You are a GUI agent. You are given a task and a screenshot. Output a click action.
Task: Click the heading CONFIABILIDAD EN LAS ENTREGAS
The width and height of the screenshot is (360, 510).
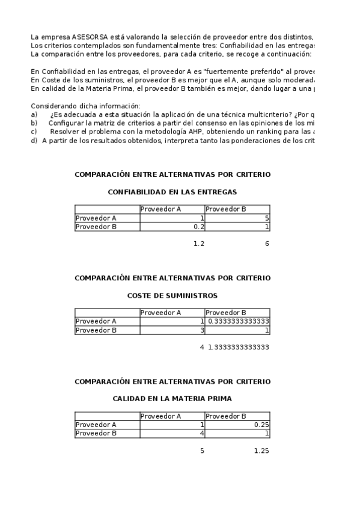click(x=172, y=192)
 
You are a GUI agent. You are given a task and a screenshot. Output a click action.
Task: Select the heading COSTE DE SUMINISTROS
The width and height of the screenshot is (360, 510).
click(x=172, y=296)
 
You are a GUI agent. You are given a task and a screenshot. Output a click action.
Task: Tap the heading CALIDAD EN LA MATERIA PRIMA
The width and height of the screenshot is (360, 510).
click(x=172, y=399)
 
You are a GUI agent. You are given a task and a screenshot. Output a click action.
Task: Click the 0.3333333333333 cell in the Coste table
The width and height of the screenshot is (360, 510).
click(x=238, y=321)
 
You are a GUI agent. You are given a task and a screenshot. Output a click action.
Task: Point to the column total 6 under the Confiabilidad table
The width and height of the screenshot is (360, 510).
click(x=266, y=244)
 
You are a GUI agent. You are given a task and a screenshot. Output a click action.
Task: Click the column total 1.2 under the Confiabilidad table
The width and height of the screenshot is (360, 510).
click(x=199, y=244)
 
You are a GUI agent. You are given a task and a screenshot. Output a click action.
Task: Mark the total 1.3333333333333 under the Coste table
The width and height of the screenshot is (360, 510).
click(x=238, y=347)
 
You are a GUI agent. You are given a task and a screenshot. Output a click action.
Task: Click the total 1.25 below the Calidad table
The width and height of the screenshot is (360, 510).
click(x=261, y=450)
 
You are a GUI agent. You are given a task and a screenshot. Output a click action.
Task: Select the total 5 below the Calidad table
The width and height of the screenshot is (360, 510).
click(x=202, y=450)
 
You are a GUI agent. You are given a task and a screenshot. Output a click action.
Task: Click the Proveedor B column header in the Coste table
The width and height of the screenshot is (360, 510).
click(x=226, y=313)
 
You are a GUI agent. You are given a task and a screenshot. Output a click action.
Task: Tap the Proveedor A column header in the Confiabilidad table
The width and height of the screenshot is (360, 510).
click(x=160, y=209)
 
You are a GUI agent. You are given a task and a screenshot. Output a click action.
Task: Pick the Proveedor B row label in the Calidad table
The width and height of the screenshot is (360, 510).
click(x=96, y=433)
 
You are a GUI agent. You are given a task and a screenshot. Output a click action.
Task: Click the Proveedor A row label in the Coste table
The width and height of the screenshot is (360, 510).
click(x=96, y=321)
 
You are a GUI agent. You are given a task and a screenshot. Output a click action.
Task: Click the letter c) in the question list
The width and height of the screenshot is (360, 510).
click(x=34, y=131)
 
